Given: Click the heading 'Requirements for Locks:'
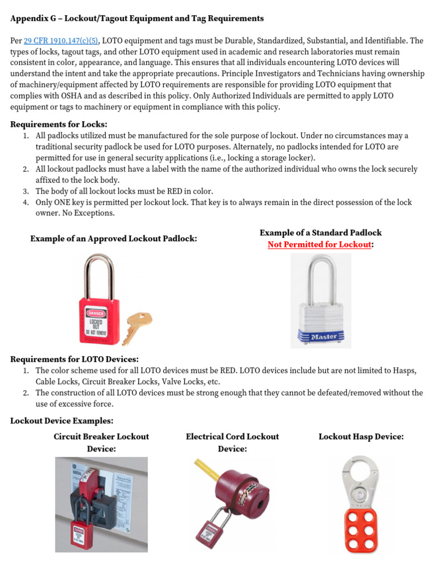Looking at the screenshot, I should [59, 125].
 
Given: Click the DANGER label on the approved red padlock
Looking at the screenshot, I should [95, 312].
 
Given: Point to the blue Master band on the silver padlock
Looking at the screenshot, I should [322, 337].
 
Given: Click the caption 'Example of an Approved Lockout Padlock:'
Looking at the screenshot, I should [113, 239].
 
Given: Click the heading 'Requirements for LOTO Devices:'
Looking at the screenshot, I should [75, 359].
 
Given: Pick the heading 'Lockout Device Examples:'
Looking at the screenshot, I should [62, 421].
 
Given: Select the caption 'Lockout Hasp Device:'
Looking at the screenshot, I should [361, 437].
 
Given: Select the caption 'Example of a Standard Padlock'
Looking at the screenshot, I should [321, 233].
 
